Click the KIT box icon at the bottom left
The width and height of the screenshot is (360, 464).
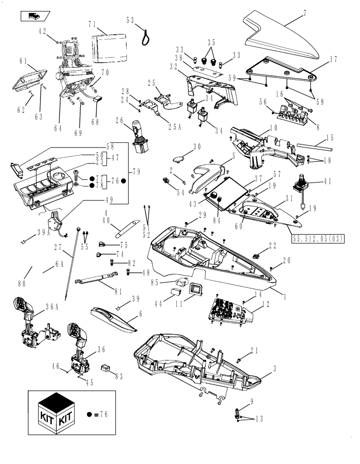pyautogui.click(x=56, y=412)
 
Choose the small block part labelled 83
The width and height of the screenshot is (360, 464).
pyautogui.click(x=106, y=367)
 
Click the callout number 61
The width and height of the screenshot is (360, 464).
pyautogui.click(x=23, y=61)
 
